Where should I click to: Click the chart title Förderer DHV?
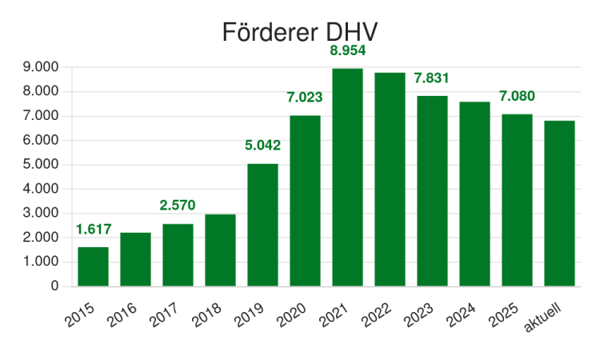coord(300,32)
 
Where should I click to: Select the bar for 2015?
coord(93,266)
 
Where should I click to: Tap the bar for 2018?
coord(221,250)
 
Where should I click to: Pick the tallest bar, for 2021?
coord(347,178)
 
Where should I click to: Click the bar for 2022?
coord(390,179)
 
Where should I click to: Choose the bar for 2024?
coord(475,194)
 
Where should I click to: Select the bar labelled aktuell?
coord(559,203)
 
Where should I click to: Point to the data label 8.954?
coord(348,50)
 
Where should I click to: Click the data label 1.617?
coord(94,229)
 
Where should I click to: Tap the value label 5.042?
coord(263,146)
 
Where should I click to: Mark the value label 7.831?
coord(431,78)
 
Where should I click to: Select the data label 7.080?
coord(517,96)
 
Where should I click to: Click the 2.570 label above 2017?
coord(178,206)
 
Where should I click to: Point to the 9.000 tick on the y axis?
coord(41,67)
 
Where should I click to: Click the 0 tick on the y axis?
coord(54,286)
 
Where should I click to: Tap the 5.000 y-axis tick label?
coord(41,165)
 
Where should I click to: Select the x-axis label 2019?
coord(249,315)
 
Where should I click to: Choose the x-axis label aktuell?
coord(542,318)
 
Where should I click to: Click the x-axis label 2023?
coord(418,315)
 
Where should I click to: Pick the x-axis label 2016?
coord(122,315)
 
